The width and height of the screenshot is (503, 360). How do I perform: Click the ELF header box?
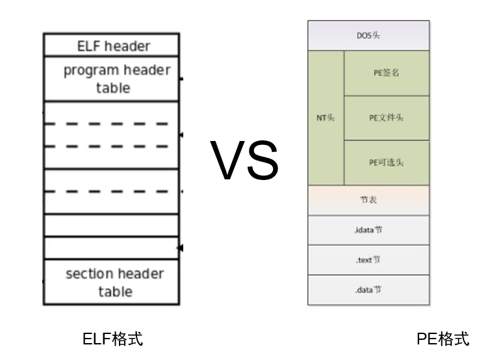pos(111,45)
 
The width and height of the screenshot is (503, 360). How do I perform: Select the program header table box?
pos(111,79)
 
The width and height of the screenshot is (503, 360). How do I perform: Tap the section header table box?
pos(111,282)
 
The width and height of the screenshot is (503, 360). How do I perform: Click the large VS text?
pos(244,161)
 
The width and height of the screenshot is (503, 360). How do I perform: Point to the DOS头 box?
pos(368,36)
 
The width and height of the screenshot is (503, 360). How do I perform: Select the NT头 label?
pos(326,118)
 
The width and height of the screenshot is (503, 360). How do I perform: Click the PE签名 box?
pos(386,73)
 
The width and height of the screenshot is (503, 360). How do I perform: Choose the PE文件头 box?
pos(386,118)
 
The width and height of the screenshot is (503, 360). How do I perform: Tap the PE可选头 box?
pos(386,162)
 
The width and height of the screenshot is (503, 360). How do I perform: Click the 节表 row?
pos(368,200)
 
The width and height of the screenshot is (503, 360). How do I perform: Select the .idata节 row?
pos(368,230)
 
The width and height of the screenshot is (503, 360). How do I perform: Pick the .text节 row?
pos(368,260)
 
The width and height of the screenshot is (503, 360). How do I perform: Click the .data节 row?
pos(368,290)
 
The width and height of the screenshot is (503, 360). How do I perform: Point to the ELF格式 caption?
pos(112,339)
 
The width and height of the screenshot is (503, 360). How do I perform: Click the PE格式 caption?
pos(442,339)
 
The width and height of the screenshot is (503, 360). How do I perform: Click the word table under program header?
pos(113,88)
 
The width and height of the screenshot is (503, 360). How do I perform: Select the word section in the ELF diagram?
pos(88,274)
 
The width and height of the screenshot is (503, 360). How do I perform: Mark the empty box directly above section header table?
pos(111,248)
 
